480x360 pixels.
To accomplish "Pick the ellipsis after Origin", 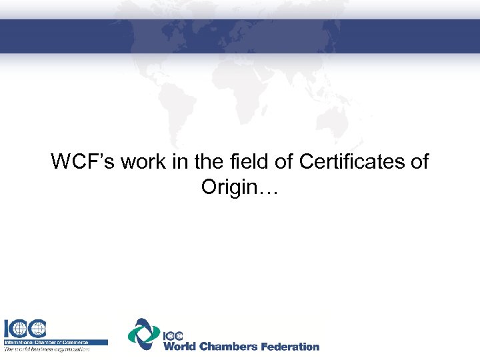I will (269, 190).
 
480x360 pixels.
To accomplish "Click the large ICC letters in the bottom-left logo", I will (26, 329).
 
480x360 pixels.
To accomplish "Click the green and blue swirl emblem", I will (143, 333).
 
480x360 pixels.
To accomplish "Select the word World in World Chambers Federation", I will (182, 346).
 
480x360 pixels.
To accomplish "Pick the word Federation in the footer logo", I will (290, 346).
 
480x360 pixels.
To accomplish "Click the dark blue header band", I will (240, 35).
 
